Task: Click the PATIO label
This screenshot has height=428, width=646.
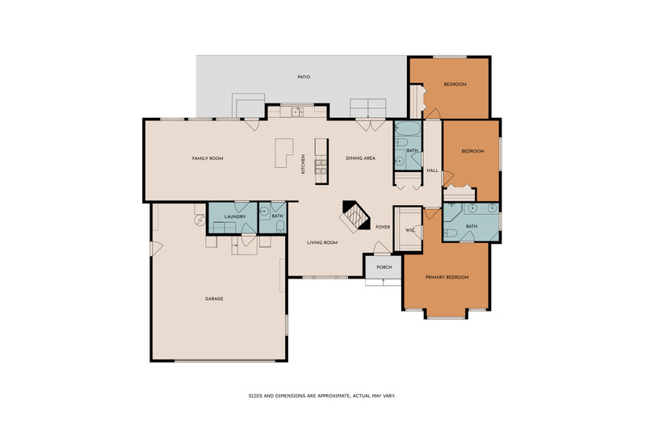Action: point(304,77)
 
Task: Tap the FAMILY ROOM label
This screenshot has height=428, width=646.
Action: point(208,158)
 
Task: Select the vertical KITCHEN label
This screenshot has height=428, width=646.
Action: point(304,164)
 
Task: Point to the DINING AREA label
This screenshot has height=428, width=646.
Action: point(360,157)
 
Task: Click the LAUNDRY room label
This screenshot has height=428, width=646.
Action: point(235,216)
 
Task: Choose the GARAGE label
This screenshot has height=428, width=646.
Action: point(214,299)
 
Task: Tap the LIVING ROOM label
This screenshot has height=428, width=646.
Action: point(322,242)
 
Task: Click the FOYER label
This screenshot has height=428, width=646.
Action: point(383,227)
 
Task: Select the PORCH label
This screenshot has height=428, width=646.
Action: point(384,267)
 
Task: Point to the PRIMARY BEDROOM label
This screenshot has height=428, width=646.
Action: point(447,277)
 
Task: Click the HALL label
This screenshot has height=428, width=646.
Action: point(432,170)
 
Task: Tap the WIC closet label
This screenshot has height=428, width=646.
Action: point(410,230)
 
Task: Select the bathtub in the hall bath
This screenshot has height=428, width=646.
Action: point(408,128)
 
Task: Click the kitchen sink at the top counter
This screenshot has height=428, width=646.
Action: point(297,111)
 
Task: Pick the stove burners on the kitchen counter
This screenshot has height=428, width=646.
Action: point(321,166)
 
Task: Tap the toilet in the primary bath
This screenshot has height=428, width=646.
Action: point(451,233)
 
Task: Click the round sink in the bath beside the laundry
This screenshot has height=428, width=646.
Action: point(265,212)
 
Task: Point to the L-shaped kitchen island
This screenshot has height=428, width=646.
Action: point(283,153)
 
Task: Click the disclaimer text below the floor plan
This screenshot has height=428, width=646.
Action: point(321,396)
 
